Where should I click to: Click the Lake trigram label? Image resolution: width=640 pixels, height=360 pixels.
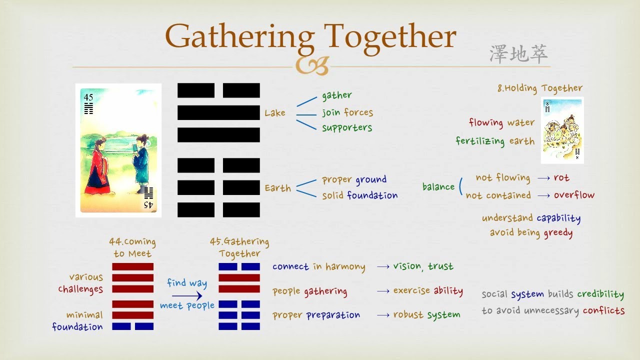click(275, 113)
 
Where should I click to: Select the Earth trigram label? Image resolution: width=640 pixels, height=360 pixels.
click(277, 188)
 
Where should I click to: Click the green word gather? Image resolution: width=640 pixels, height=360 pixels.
click(336, 95)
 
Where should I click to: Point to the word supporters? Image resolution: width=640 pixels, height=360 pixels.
click(347, 127)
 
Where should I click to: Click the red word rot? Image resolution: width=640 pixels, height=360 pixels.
click(561, 177)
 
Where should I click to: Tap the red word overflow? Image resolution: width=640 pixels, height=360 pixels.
click(574, 195)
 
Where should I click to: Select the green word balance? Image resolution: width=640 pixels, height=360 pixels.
click(438, 186)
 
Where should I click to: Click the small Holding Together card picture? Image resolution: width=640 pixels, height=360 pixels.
click(562, 130)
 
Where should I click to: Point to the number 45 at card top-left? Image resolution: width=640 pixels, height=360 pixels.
click(88, 97)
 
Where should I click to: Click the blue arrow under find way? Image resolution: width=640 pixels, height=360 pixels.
click(186, 296)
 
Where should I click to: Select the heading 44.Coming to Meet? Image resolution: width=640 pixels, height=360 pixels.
click(132, 247)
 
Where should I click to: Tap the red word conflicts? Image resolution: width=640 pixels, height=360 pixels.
click(603, 310)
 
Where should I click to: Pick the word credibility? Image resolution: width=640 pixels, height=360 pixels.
click(600, 294)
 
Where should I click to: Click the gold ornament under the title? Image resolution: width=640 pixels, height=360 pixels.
click(312, 65)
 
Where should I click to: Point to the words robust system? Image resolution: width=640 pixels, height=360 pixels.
click(426, 315)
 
